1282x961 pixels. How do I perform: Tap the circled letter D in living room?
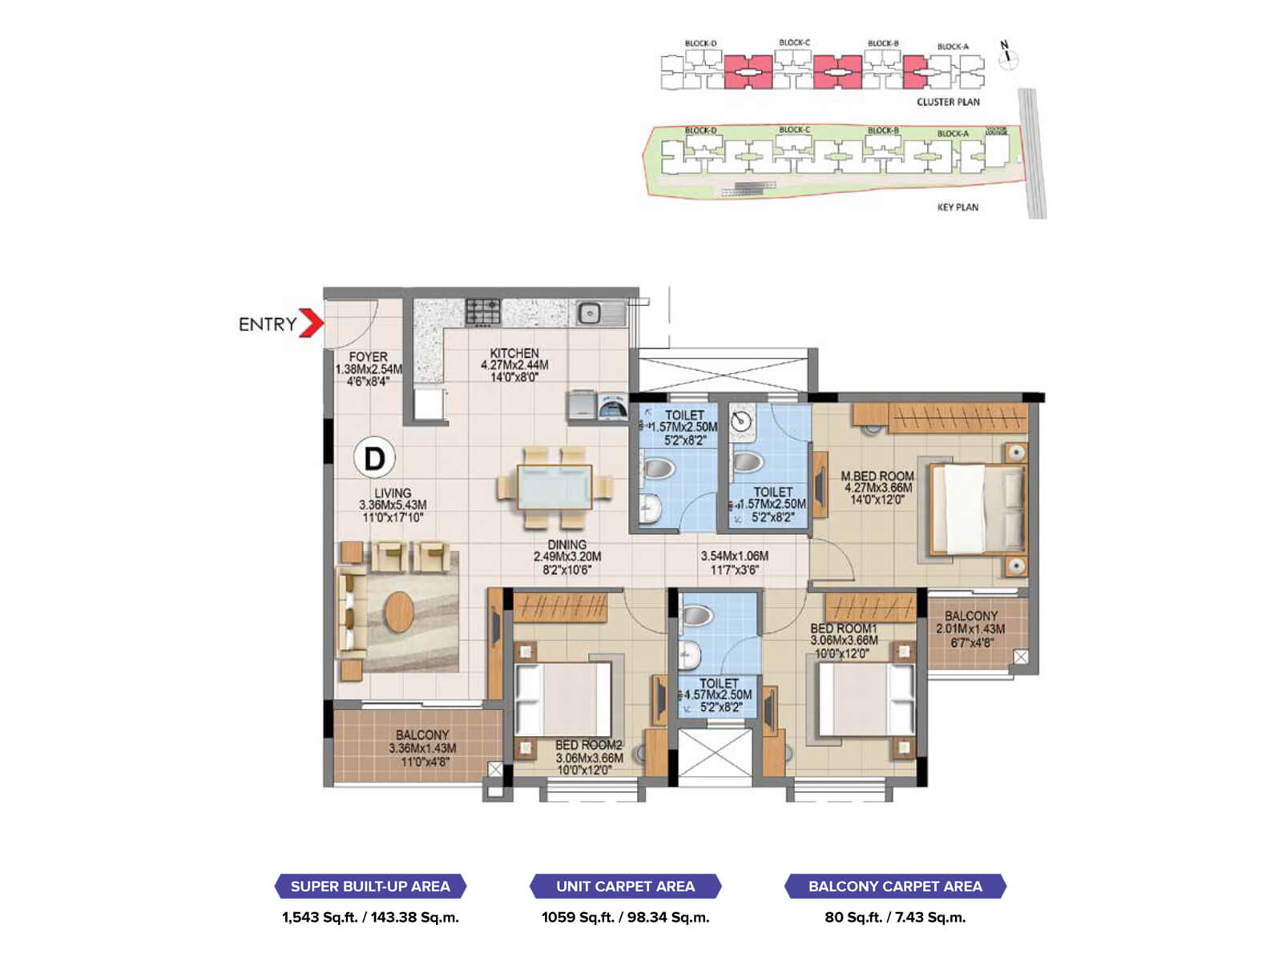click(x=374, y=458)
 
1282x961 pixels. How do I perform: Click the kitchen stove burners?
click(x=483, y=312)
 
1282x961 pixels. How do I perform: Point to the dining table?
click(x=554, y=488)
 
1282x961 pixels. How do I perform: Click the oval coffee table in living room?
click(x=399, y=613)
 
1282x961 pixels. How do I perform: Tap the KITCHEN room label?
click(x=514, y=353)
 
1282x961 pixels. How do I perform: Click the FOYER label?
click(x=368, y=357)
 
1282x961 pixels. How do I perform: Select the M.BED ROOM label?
click(x=877, y=476)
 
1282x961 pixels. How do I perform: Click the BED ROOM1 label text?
click(x=843, y=629)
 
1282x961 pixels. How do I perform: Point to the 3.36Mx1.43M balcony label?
click(x=422, y=748)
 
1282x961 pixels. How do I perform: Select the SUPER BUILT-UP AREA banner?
click(x=370, y=887)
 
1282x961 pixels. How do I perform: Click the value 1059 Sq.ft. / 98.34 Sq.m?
click(x=625, y=918)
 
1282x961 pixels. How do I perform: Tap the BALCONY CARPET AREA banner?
click(x=895, y=887)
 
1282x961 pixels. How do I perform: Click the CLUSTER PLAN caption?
click(x=948, y=102)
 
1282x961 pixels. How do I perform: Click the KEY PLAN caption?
click(x=957, y=207)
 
